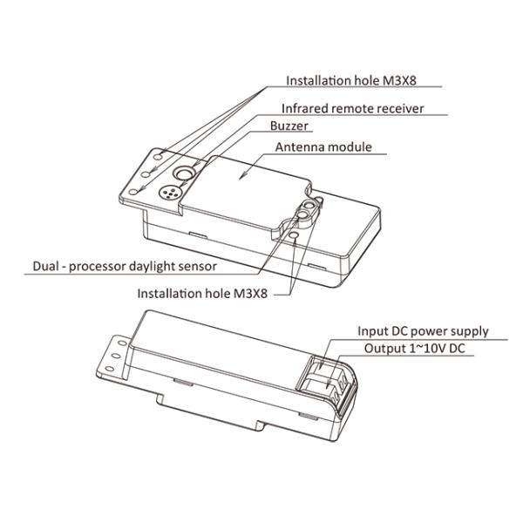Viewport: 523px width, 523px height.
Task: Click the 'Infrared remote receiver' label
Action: (352, 108)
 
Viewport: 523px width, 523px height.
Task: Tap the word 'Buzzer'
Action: (289, 126)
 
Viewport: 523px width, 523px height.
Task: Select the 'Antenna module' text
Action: (323, 147)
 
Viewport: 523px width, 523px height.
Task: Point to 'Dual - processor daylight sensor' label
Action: (125, 266)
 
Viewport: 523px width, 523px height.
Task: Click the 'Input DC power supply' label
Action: (423, 331)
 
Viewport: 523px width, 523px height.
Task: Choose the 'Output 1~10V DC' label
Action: (414, 349)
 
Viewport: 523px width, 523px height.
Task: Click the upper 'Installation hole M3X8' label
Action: (351, 81)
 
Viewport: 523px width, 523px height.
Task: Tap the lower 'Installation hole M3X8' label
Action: (202, 294)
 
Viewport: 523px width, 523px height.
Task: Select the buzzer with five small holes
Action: (170, 193)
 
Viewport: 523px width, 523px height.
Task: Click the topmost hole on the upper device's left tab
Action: (159, 157)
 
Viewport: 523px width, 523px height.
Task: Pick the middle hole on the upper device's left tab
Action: (146, 173)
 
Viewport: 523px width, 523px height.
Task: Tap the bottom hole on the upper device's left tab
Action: (133, 192)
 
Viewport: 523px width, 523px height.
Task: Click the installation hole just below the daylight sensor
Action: (294, 235)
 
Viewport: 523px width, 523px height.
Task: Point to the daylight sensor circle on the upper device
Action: (303, 214)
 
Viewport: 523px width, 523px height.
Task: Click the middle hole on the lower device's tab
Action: (116, 356)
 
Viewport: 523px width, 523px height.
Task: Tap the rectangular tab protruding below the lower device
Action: (210, 412)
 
